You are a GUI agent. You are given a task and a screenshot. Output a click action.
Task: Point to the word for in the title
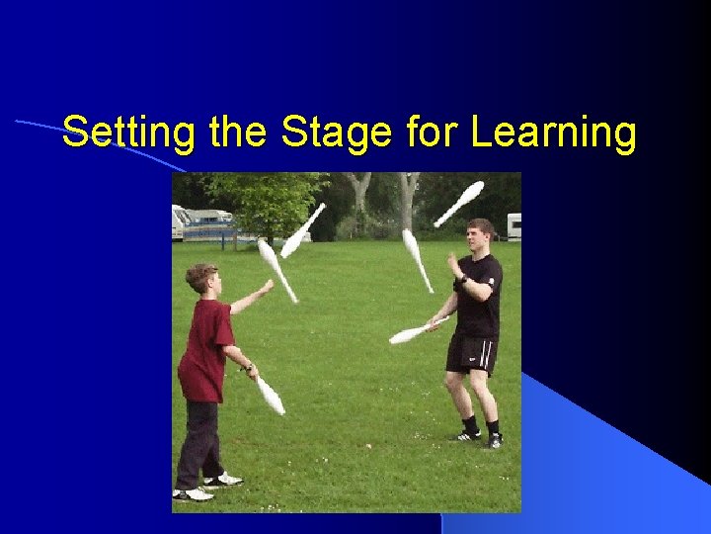click(x=432, y=132)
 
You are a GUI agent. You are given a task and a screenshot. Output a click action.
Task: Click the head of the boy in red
click(x=200, y=277)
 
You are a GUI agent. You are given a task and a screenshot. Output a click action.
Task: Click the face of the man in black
click(x=480, y=237)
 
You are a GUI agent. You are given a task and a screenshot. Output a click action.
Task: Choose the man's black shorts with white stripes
click(x=470, y=354)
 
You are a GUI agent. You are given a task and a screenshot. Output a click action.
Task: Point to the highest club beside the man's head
click(x=459, y=203)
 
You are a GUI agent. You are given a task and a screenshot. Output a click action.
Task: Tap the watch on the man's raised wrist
click(x=461, y=280)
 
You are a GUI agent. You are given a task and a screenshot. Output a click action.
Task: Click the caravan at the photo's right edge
click(x=513, y=226)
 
